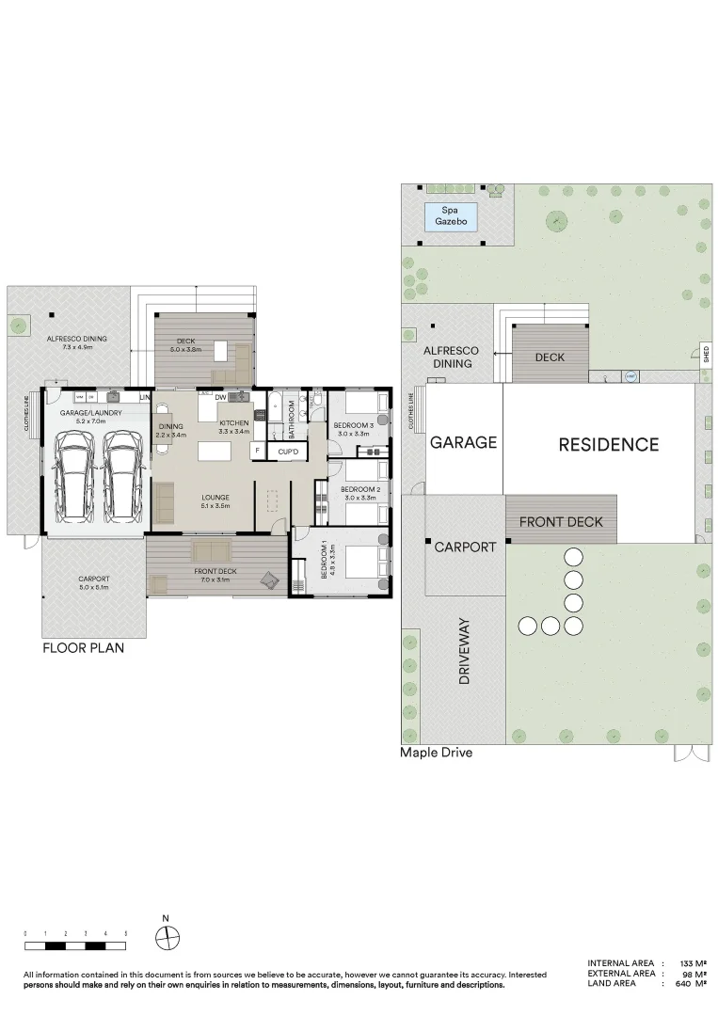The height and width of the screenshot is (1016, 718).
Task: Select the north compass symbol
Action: coord(167,936)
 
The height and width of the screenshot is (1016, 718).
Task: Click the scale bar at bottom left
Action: coord(75,944)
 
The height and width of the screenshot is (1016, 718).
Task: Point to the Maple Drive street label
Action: coord(436,753)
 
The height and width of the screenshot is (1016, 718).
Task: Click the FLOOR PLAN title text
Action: coord(83,648)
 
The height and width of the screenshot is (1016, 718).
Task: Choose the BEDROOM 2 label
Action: coord(359,490)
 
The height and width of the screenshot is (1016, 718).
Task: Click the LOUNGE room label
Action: coord(215,498)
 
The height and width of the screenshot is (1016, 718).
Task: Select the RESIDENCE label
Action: coord(608,444)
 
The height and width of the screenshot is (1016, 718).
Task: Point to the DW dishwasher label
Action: coord(220,398)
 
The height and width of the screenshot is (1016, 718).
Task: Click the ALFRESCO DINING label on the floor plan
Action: coord(76,340)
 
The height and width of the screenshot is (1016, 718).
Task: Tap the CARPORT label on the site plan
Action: coord(465,547)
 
